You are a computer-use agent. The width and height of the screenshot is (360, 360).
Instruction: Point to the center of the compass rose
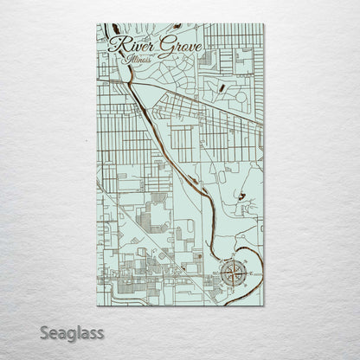coord(232,274)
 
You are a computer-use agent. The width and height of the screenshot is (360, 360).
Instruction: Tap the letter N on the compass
coord(232,260)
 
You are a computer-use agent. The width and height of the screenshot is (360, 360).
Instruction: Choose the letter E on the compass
coord(247,274)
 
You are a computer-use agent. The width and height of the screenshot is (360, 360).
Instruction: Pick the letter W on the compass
coord(217,274)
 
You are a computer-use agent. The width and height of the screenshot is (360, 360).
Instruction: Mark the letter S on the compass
coord(232,289)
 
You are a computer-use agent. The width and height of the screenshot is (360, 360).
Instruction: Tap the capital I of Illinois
coord(126,61)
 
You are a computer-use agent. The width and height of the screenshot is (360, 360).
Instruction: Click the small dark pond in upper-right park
coord(221,87)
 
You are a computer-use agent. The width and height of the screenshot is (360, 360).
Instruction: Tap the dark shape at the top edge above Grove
coord(177,27)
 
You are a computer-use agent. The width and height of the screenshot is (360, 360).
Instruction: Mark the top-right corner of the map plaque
coord(264,24)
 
